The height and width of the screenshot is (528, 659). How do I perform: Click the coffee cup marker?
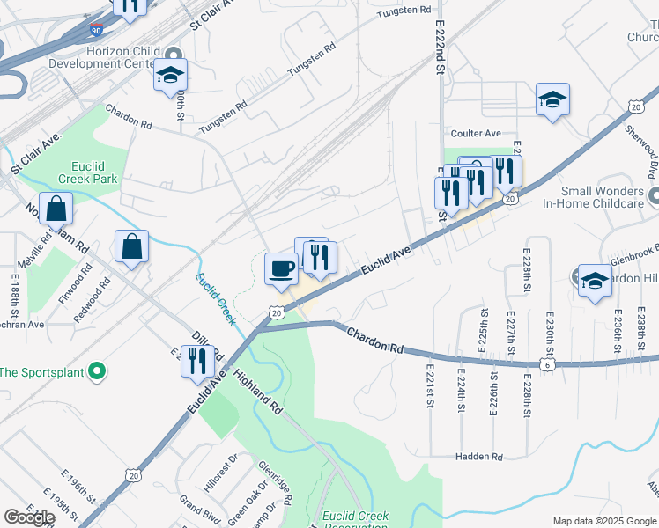coord(282,268)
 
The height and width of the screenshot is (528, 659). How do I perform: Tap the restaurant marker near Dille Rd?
coord(197,360)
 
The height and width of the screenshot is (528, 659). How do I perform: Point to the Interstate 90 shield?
coord(95,30)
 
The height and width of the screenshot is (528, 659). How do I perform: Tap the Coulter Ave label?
coord(476,134)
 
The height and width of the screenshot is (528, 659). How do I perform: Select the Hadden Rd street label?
coord(478,457)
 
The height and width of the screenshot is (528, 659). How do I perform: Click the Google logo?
coord(29,517)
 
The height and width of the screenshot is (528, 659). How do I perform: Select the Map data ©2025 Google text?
coord(603,521)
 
